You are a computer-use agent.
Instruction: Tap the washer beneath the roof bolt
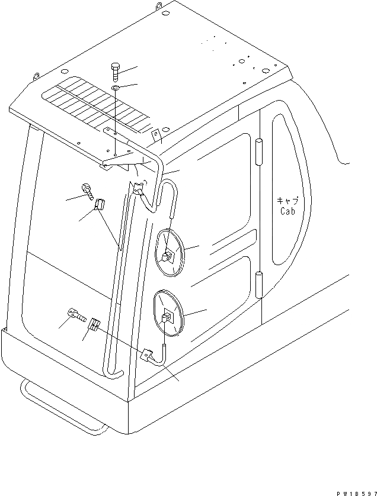coord(114,89)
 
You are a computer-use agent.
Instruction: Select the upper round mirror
coord(171,253)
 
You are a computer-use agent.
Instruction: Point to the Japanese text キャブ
coord(286,200)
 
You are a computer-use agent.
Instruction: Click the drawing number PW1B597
coord(354,491)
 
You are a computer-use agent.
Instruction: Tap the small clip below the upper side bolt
coord(100,205)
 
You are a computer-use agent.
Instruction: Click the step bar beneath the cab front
coord(59,408)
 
